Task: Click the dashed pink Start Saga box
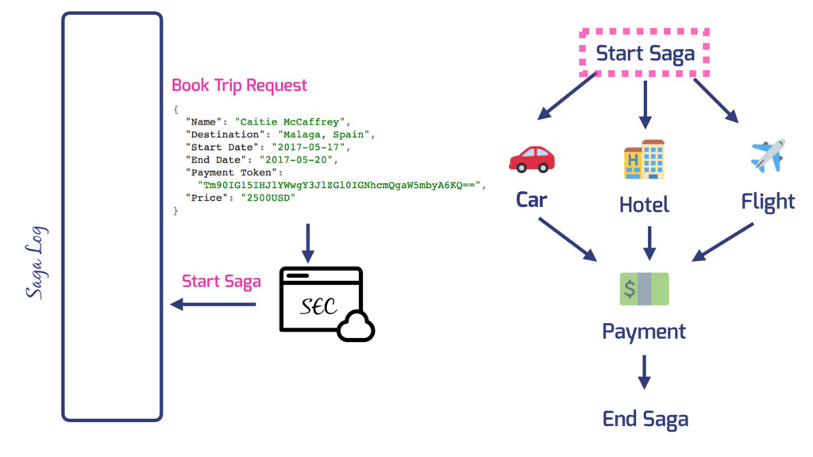tap(645, 54)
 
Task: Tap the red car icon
tap(531, 159)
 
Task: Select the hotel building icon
tap(644, 159)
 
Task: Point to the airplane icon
tap(768, 156)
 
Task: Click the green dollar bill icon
tap(644, 289)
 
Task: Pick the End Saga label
tap(645, 418)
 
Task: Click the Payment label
tap(644, 331)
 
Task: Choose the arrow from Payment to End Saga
tap(644, 371)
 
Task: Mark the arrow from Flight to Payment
tap(723, 241)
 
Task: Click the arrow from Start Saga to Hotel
tap(645, 104)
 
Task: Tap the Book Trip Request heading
tap(239, 85)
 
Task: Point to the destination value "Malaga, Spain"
tap(326, 134)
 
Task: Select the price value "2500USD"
tap(268, 198)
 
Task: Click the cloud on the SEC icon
tap(356, 326)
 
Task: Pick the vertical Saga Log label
tap(36, 263)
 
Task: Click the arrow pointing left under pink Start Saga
tap(214, 304)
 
